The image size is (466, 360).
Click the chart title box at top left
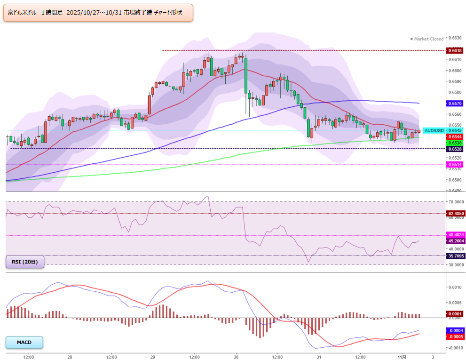click(98, 13)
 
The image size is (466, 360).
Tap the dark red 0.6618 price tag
click(455, 50)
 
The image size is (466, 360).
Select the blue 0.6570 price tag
click(455, 104)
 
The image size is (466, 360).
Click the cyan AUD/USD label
click(434, 131)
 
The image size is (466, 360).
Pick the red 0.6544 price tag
click(455, 137)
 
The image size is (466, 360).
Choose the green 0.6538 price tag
click(455, 143)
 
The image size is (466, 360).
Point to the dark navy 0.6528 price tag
click(455, 149)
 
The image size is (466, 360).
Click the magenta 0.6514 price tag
click(455, 165)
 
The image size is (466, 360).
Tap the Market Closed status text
click(427, 39)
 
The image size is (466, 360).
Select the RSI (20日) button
click(25, 262)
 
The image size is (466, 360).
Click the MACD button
click(24, 343)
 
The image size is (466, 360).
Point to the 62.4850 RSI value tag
click(456, 214)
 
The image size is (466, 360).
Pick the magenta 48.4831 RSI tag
click(456, 235)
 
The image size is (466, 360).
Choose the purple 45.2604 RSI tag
click(456, 241)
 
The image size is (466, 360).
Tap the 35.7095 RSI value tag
click(456, 256)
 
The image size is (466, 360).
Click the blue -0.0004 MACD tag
click(455, 330)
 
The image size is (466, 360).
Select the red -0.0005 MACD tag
click(455, 337)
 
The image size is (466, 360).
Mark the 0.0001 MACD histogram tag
click(455, 314)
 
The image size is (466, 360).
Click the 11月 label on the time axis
click(402, 357)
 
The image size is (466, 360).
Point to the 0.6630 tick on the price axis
click(455, 38)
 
